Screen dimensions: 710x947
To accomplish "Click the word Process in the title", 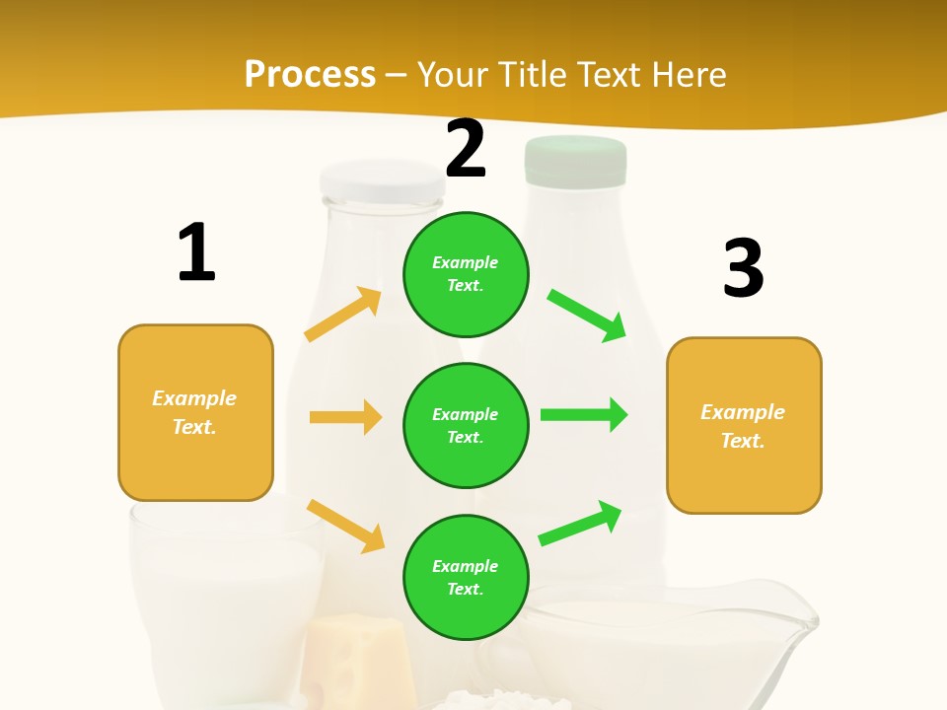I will point(310,74).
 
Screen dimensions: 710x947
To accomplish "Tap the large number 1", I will point(196,252).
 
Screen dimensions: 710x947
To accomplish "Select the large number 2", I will point(466,149).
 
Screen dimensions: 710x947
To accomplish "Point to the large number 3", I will point(743,267).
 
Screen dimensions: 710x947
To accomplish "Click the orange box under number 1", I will point(195,412).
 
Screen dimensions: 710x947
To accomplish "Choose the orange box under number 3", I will point(744,425).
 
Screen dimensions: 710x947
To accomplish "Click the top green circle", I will point(466,274).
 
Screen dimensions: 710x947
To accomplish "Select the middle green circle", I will point(466,425).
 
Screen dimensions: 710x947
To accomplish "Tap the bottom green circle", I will point(466,577).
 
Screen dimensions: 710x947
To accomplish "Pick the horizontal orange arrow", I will point(345,417).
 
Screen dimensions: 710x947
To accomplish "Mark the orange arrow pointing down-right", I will point(345,526).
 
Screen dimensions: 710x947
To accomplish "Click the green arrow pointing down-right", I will point(587,315).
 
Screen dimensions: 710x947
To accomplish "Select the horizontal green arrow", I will point(584,414).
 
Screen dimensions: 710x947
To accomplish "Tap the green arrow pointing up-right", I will point(580,523).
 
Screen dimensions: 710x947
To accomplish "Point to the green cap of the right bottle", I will point(576,161).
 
